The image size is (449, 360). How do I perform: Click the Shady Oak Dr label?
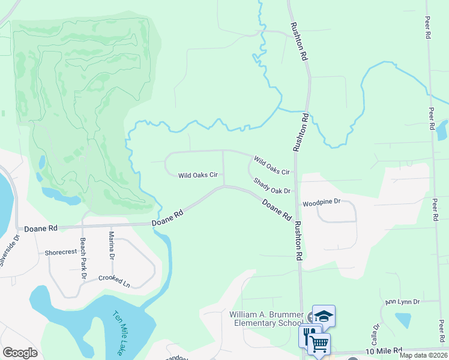coord(271,186)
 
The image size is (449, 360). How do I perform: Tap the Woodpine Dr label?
coord(321,203)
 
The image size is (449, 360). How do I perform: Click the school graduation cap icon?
coord(324,316)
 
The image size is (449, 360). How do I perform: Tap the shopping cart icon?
coord(319,344)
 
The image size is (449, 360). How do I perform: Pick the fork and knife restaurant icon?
coord(310,334)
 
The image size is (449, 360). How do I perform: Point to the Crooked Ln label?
coord(114,280)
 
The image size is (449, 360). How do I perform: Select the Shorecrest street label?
coord(60,253)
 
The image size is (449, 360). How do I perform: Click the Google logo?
coord(20,353)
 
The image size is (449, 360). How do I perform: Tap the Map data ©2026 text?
coord(423,355)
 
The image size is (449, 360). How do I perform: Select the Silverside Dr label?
coord(10,251)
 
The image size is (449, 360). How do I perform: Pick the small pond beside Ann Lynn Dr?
coord(403,320)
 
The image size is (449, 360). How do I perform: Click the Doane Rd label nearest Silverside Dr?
coord(41,229)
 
